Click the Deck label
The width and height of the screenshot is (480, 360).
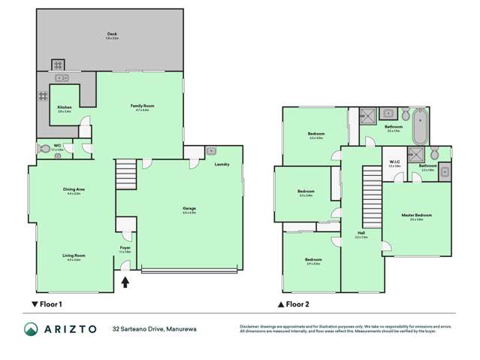[x=112, y=34]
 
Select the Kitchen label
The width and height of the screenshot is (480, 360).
[x=65, y=107]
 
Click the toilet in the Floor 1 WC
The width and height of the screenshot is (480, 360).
[x=44, y=150]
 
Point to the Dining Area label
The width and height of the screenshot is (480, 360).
[x=73, y=190]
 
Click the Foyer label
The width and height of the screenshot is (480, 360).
[x=125, y=247]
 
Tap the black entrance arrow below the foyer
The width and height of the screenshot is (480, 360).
[x=125, y=283]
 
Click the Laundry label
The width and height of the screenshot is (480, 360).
[x=222, y=164]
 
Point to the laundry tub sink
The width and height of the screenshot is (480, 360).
[x=210, y=150]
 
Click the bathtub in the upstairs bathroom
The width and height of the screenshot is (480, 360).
[x=420, y=126]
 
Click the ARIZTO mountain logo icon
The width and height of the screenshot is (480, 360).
[x=31, y=328]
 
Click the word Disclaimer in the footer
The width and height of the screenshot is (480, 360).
[x=249, y=325]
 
